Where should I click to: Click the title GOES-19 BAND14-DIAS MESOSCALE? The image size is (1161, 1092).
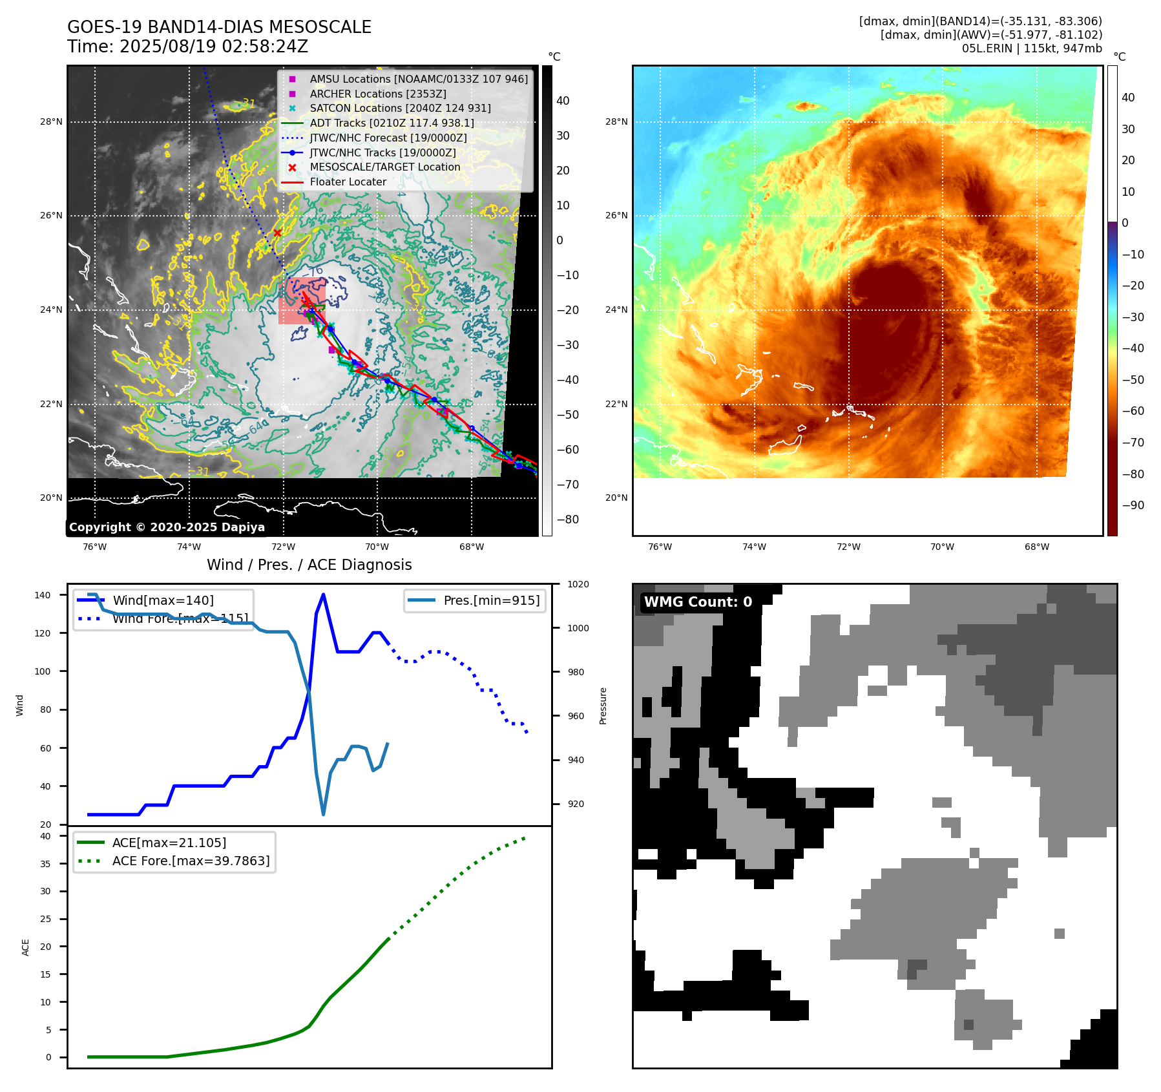click(x=219, y=27)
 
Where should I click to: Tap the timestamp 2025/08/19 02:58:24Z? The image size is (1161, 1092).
click(x=214, y=47)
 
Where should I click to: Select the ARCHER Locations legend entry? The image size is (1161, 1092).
click(x=377, y=94)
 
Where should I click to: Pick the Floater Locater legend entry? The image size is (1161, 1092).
click(x=348, y=182)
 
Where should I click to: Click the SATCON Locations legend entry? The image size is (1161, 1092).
click(x=400, y=109)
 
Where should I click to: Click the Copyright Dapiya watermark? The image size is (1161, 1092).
click(x=167, y=527)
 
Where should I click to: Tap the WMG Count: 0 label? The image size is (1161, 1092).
click(x=698, y=602)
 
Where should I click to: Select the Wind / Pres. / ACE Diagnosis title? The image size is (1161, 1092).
click(x=309, y=565)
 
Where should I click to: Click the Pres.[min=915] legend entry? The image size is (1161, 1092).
click(x=491, y=600)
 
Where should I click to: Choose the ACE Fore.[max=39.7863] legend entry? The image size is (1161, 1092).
click(x=191, y=861)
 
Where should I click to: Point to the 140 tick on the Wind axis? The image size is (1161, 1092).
click(x=43, y=595)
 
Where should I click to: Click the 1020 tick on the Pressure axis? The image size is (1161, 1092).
click(x=578, y=584)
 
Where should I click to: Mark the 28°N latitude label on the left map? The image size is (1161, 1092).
click(x=52, y=122)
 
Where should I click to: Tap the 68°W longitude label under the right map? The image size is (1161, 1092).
click(x=1036, y=547)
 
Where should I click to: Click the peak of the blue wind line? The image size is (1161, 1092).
click(x=323, y=594)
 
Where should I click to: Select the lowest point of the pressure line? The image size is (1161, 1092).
click(x=323, y=814)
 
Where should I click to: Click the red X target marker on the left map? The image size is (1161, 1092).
click(x=277, y=233)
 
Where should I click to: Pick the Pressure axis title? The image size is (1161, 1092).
click(x=603, y=706)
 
